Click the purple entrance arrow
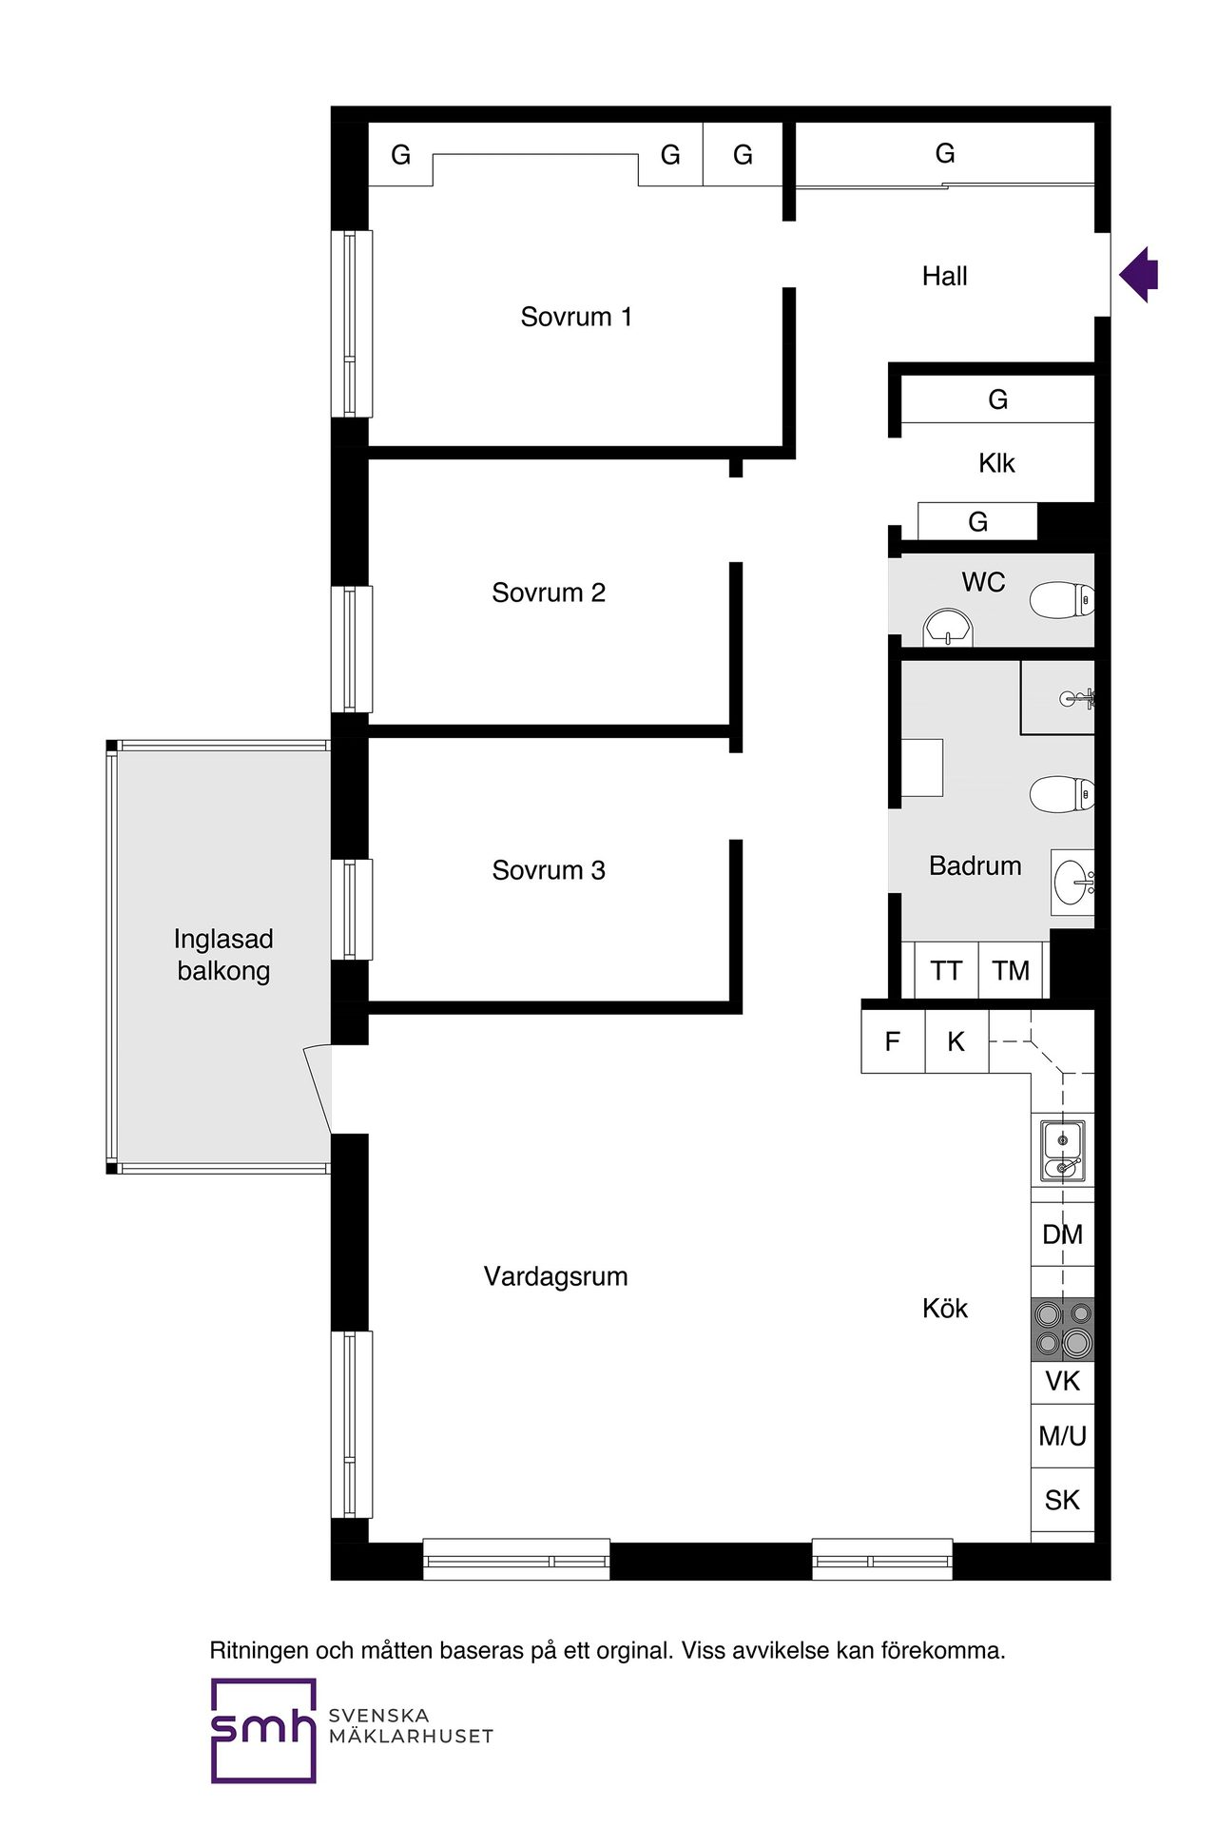(x=1139, y=275)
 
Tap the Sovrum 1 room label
(x=576, y=317)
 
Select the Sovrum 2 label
(x=549, y=593)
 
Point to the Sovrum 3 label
(x=549, y=870)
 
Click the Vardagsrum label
(x=556, y=1277)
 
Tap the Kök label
(x=945, y=1309)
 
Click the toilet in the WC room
(x=1063, y=600)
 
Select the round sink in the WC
(x=948, y=628)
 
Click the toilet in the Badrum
(x=1063, y=794)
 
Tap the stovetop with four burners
(x=1063, y=1329)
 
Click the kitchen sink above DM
(x=1063, y=1151)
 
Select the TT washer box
(x=946, y=970)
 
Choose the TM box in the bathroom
(x=1011, y=970)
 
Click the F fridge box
(x=893, y=1041)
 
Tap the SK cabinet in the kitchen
(x=1063, y=1500)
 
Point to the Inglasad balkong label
(x=223, y=955)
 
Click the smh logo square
(x=263, y=1730)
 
